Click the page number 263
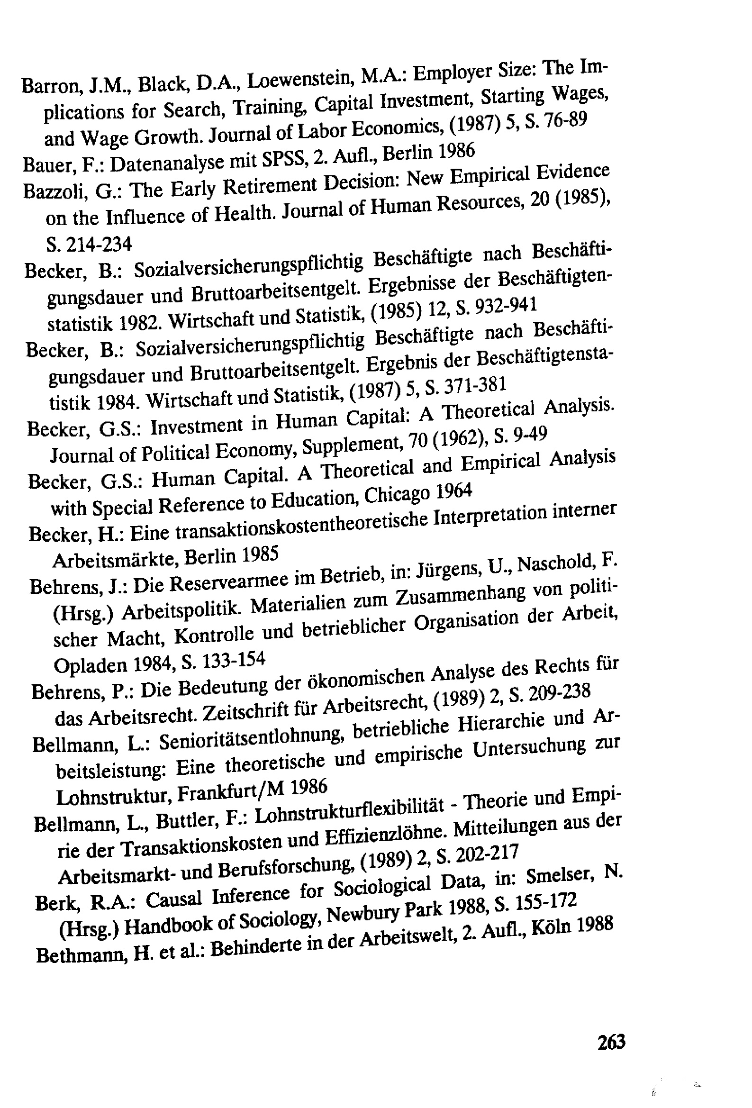coord(611,1042)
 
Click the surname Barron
coord(53,86)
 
